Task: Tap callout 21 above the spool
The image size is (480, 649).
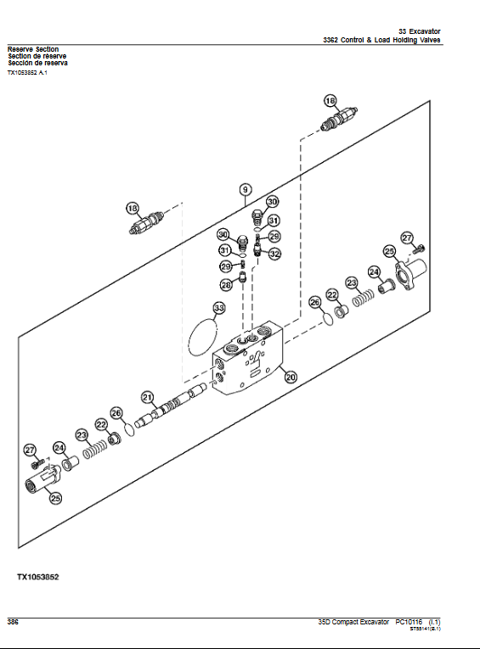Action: pyautogui.click(x=147, y=397)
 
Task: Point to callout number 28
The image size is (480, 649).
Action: pyautogui.click(x=227, y=285)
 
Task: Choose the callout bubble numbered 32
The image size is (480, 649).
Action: pyautogui.click(x=274, y=253)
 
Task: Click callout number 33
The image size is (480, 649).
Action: pyautogui.click(x=219, y=308)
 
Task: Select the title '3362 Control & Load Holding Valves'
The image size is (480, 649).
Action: pyautogui.click(x=381, y=41)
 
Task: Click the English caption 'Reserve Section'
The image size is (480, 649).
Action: pyautogui.click(x=33, y=49)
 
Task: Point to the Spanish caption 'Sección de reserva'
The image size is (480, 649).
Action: pyautogui.click(x=38, y=63)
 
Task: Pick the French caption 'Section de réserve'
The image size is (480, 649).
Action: pyautogui.click(x=37, y=56)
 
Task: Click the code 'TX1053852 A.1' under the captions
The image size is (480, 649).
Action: pyautogui.click(x=28, y=73)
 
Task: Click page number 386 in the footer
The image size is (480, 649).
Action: pyautogui.click(x=14, y=622)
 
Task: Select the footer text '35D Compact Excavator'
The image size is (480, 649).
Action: pyautogui.click(x=347, y=623)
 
